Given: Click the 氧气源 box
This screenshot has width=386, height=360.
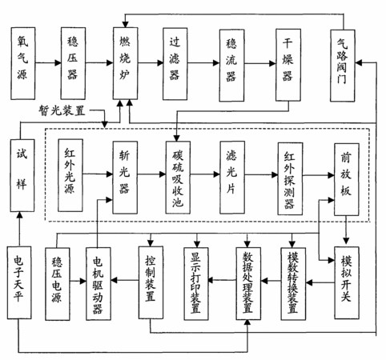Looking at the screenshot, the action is [x=23, y=63].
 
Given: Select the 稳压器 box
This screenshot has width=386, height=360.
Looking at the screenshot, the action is [x=73, y=63].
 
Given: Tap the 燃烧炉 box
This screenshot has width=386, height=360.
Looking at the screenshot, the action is [x=125, y=63].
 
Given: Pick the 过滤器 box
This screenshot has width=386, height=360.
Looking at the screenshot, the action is [x=175, y=64].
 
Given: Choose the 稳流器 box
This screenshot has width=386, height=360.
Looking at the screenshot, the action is [x=231, y=66].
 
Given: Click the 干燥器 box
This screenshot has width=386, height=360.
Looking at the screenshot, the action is [x=288, y=65].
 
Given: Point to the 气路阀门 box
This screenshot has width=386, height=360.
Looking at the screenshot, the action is [x=343, y=66].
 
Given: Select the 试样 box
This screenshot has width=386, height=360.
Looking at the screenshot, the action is [x=22, y=175].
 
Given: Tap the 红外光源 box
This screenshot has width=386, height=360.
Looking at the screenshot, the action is [x=70, y=175].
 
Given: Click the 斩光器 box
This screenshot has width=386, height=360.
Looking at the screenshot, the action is [x=125, y=178].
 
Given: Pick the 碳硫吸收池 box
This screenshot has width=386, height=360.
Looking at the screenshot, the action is [x=178, y=178].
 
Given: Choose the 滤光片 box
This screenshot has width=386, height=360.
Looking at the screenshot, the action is [x=232, y=178].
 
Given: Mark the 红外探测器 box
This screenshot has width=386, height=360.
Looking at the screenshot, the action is [x=290, y=178].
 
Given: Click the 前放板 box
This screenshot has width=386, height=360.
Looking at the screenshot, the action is [x=347, y=179].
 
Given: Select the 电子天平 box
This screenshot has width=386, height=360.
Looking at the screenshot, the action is [x=19, y=282].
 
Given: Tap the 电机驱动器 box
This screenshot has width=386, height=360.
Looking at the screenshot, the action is [x=99, y=284].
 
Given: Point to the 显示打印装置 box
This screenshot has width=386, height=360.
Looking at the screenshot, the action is [x=196, y=284].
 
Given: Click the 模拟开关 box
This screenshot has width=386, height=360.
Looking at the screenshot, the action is [x=347, y=282].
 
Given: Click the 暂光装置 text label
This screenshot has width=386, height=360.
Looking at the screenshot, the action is [x=62, y=110].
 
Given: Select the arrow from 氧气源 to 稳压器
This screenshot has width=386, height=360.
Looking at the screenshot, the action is [x=48, y=63].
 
